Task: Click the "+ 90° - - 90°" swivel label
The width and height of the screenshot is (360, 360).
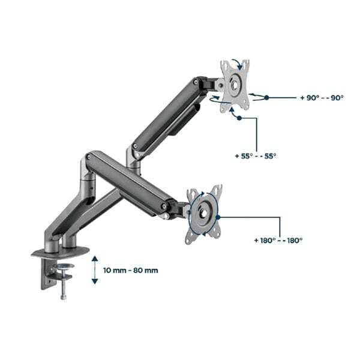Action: (322, 98)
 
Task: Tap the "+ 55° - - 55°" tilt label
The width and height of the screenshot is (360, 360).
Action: (256, 156)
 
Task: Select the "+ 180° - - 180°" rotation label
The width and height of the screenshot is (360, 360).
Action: (278, 241)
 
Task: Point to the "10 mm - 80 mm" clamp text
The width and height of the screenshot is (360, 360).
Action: (131, 271)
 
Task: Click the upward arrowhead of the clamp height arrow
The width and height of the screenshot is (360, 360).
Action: (95, 259)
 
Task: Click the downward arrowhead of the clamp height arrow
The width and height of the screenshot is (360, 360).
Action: (95, 281)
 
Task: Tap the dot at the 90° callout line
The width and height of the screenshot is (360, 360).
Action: (266, 98)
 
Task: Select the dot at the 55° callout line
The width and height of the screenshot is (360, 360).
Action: (239, 118)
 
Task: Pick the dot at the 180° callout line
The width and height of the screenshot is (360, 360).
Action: (218, 217)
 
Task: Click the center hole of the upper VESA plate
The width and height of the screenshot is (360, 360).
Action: (235, 85)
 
